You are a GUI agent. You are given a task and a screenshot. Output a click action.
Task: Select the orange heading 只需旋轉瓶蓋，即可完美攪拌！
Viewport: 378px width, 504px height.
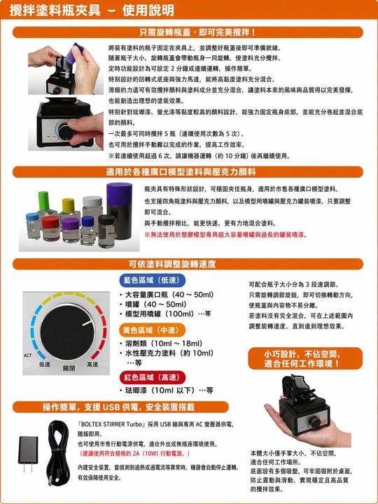(x=189, y=32)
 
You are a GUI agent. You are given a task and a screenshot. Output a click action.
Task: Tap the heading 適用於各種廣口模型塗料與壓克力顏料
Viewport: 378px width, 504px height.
(x=189, y=171)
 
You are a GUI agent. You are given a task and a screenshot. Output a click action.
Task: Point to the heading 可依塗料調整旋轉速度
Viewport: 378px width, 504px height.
(x=189, y=264)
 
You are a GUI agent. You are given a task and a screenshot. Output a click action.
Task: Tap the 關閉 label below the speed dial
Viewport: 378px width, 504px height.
(x=69, y=368)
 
